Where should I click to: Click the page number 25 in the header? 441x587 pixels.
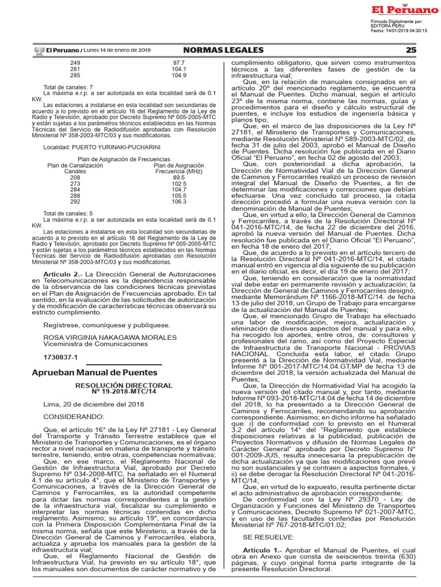tap(411, 50)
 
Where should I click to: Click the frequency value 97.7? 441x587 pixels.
tap(179, 62)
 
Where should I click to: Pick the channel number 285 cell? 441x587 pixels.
tap(75, 75)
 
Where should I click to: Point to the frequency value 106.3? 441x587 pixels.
tap(179, 201)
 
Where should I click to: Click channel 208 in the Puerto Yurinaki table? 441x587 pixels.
tap(75, 177)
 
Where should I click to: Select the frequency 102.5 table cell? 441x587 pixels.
tap(179, 183)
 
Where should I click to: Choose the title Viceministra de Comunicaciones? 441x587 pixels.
tap(95, 344)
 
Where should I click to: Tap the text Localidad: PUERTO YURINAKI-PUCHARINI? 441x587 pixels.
tap(102, 147)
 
